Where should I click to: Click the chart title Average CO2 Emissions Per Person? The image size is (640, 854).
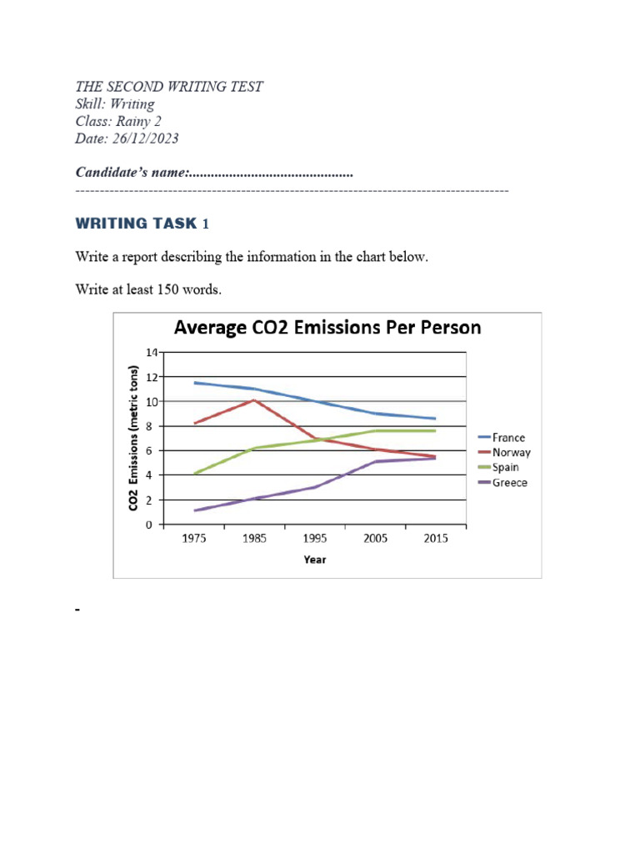click(327, 327)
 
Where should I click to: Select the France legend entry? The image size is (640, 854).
click(508, 437)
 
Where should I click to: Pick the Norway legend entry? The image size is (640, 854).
click(510, 452)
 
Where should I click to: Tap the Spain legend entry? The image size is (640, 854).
click(506, 467)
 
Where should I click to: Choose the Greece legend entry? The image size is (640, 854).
click(509, 482)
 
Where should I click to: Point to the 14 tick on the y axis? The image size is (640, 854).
click(151, 352)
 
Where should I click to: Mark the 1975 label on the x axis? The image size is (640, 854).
click(194, 539)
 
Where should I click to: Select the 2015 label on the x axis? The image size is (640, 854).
click(436, 539)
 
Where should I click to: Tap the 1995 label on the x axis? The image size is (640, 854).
click(315, 539)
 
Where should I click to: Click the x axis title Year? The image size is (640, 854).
click(315, 560)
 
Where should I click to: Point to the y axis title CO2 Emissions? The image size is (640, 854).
click(133, 438)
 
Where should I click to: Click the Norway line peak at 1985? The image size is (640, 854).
click(254, 400)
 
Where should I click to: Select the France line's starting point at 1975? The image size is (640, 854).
click(195, 383)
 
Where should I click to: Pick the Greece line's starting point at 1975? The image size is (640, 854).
click(195, 510)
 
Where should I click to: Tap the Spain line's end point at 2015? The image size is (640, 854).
click(435, 430)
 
